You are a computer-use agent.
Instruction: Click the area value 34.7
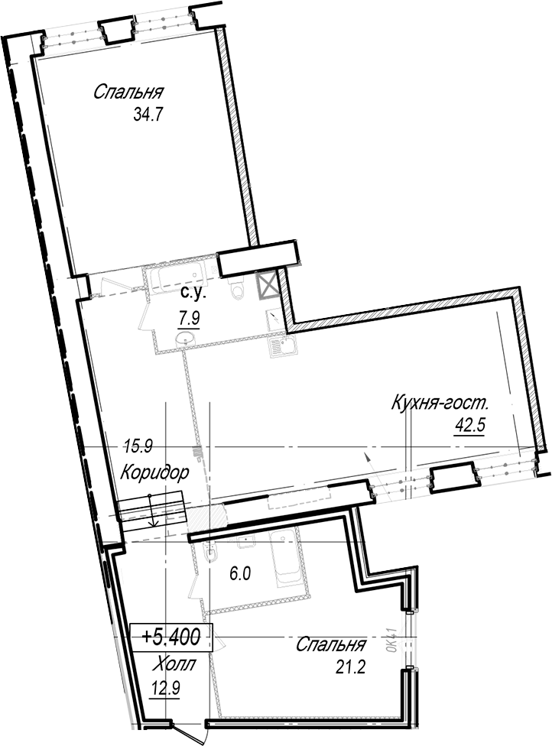click(x=148, y=115)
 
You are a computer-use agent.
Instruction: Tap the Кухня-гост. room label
click(x=440, y=404)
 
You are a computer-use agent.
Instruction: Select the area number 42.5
click(x=469, y=425)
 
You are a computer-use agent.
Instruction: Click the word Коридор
click(x=154, y=472)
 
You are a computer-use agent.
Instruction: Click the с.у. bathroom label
click(x=193, y=294)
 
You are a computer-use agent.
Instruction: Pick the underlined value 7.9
click(x=189, y=318)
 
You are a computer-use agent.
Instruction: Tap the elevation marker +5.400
click(x=170, y=637)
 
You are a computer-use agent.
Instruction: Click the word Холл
click(x=174, y=663)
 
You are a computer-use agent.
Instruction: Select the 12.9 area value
click(x=165, y=689)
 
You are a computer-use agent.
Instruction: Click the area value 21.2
click(x=350, y=667)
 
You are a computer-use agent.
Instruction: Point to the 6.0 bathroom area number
click(x=240, y=574)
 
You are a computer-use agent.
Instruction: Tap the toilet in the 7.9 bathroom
click(x=236, y=289)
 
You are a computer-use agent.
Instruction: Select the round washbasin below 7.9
click(x=185, y=338)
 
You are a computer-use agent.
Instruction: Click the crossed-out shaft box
click(x=267, y=285)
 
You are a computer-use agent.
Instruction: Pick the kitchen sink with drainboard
click(x=281, y=346)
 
